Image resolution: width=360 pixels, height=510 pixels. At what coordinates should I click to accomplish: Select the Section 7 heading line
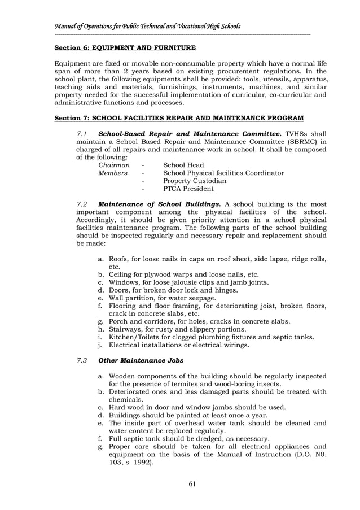click(x=178, y=118)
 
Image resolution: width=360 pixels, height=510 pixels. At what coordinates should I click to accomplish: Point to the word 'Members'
click(x=113, y=173)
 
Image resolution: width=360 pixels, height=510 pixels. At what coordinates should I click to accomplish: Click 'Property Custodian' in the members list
click(x=194, y=181)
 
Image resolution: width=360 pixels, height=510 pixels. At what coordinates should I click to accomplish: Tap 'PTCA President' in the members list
click(x=188, y=189)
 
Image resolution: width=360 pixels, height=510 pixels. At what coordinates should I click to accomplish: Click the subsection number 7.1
click(x=82, y=133)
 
